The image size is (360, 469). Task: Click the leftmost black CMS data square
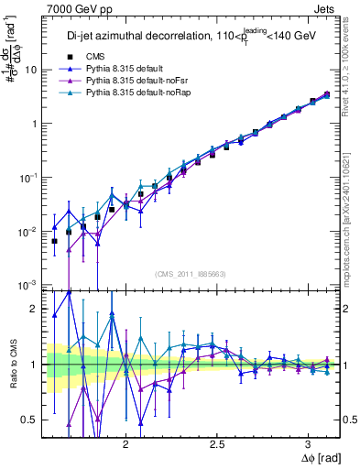point(54,242)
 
